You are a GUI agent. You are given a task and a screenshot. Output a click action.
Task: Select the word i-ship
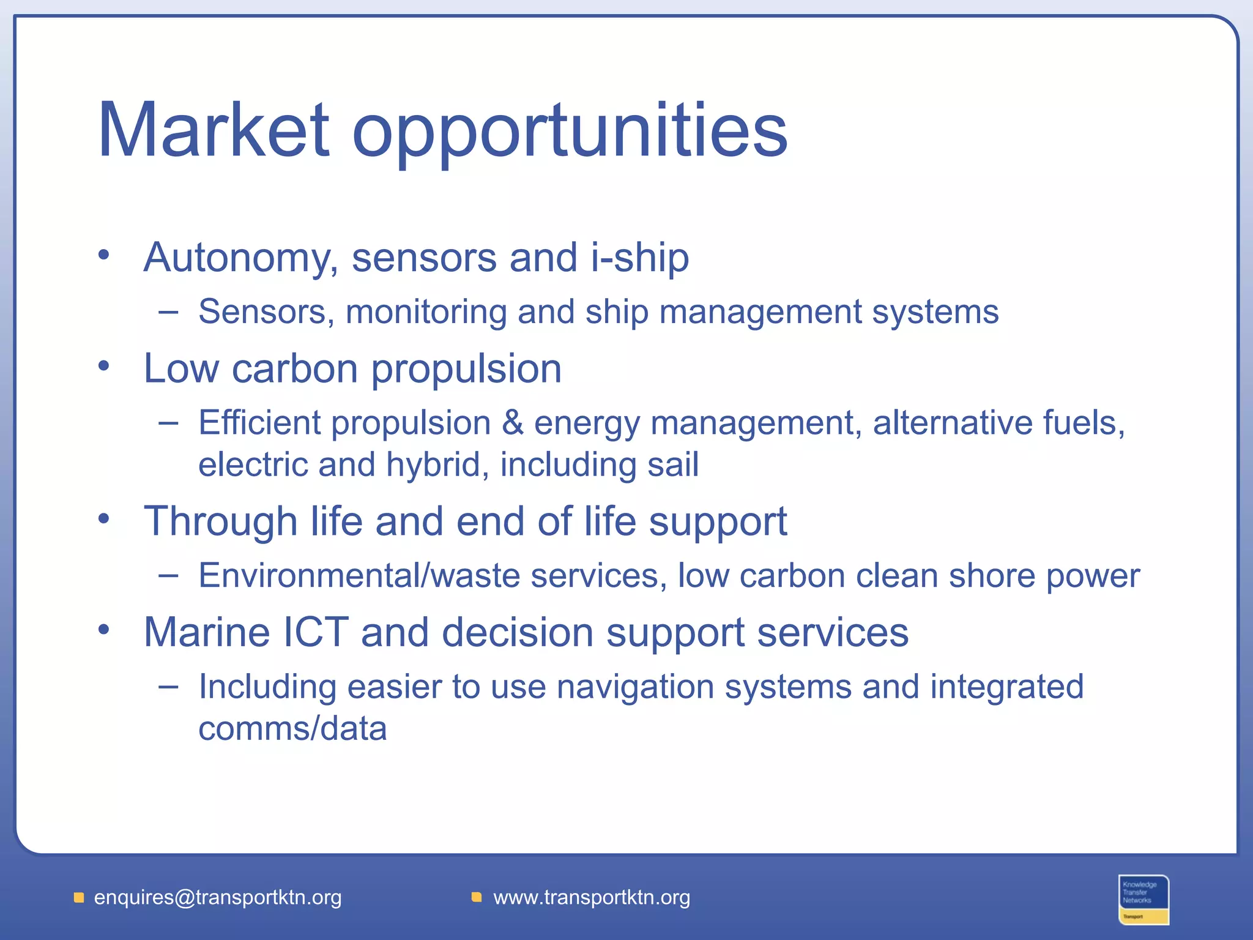click(639, 258)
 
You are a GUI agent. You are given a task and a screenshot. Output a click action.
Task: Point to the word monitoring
click(426, 313)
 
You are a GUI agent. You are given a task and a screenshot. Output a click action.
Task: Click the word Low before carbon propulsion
click(181, 369)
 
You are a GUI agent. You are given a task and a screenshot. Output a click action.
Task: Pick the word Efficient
click(259, 423)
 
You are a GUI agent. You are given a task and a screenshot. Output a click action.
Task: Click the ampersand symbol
click(513, 423)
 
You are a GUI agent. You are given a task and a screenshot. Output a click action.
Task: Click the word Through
click(220, 522)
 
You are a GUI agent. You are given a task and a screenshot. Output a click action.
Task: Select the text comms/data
click(292, 729)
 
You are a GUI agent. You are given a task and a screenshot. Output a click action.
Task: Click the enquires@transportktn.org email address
click(218, 898)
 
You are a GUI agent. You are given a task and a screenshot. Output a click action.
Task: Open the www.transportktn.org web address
click(592, 898)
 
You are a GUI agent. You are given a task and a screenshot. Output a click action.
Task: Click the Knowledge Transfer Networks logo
click(1143, 899)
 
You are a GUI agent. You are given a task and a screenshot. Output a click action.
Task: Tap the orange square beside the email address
click(79, 898)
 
